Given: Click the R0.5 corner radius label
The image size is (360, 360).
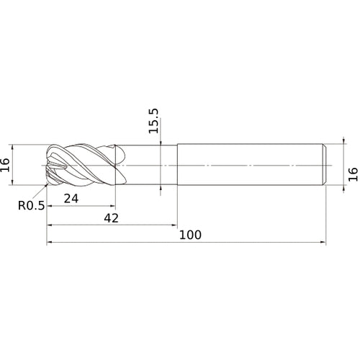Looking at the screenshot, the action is [32, 205].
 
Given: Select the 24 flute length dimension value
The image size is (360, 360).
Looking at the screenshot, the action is [71, 199].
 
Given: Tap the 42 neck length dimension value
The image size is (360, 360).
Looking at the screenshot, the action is [112, 218].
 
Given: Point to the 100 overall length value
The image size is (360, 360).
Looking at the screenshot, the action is [190, 235].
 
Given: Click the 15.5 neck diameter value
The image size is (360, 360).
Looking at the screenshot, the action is [153, 121].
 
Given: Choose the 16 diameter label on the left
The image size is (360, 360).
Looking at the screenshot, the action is [5, 165].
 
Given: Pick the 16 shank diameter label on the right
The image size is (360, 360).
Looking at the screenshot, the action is [353, 174].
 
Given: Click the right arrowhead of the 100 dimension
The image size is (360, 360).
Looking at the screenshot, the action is [323, 242].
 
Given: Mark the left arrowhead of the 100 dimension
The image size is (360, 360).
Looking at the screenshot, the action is [50, 242].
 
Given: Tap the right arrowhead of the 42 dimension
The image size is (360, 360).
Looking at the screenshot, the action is [174, 225].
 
